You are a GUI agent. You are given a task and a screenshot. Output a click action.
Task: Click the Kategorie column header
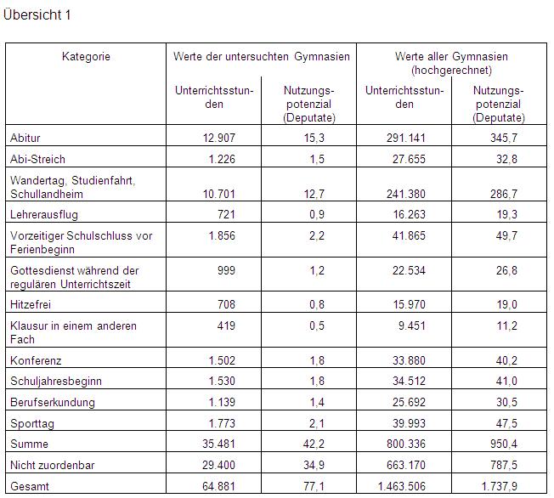pyautogui.click(x=86, y=57)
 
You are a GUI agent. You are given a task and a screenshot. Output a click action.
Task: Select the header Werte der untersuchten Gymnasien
pyautogui.click(x=261, y=57)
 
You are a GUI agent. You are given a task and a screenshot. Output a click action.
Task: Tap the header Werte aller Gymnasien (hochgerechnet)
pyautogui.click(x=450, y=63)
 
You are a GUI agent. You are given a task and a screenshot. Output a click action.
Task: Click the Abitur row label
pyautogui.click(x=25, y=138)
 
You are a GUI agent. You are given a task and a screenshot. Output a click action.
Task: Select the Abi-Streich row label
pyautogui.click(x=37, y=159)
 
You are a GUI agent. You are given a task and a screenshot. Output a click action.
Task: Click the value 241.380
pyautogui.click(x=404, y=194)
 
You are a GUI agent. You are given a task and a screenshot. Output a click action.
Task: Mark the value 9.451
pyautogui.click(x=410, y=325)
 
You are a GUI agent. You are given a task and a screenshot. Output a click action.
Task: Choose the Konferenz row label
pyautogui.click(x=36, y=360)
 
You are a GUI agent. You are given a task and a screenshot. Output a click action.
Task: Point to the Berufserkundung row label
pyautogui.click(x=53, y=402)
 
